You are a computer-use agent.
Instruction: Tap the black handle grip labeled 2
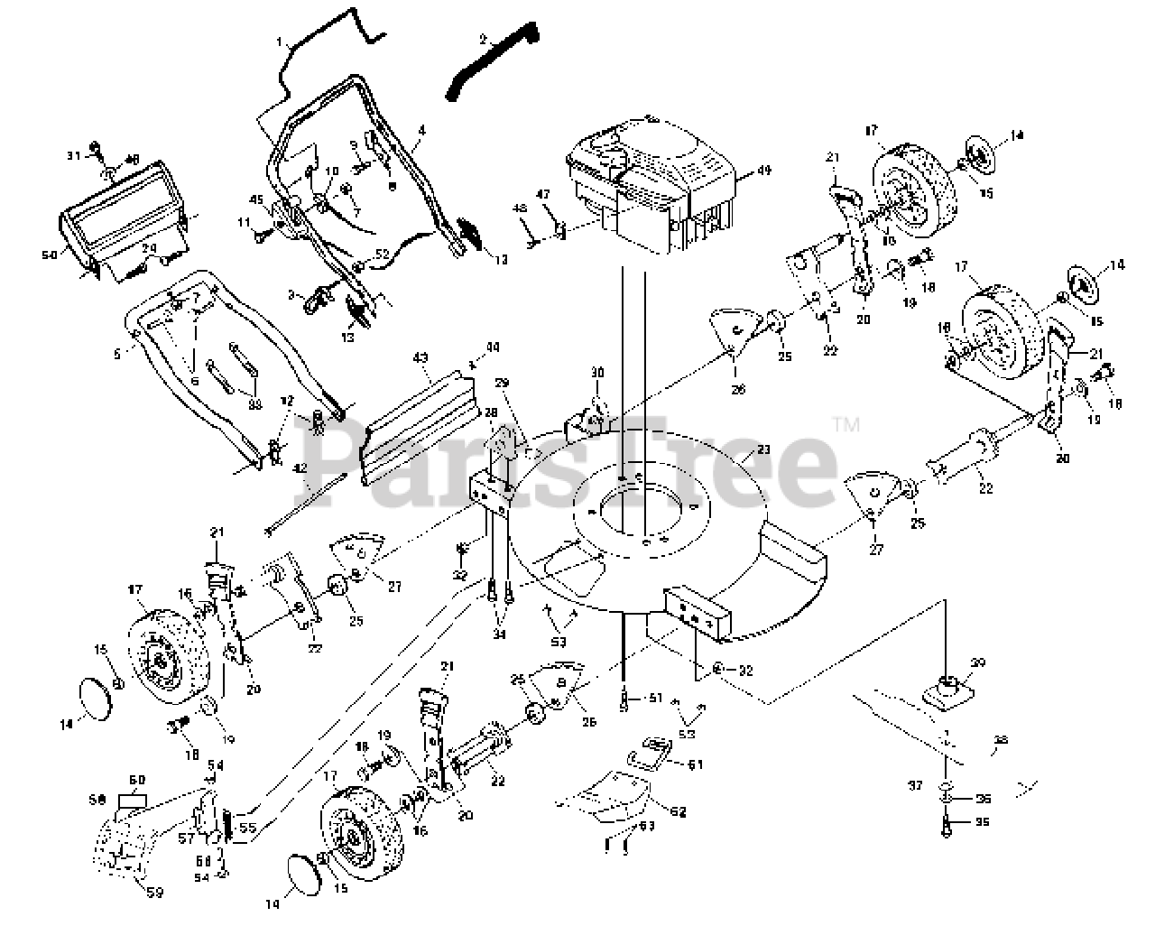[x=492, y=63]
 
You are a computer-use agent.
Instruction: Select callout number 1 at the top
[x=281, y=42]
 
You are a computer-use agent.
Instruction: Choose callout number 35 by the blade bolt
[x=984, y=821]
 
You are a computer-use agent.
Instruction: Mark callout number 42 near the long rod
[x=300, y=468]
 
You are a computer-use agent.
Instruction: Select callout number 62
[x=678, y=811]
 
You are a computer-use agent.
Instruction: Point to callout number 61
[x=695, y=765]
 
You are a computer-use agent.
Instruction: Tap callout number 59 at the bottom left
[x=155, y=894]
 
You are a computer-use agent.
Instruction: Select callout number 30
[x=596, y=372]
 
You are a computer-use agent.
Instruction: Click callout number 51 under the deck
[x=655, y=697]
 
